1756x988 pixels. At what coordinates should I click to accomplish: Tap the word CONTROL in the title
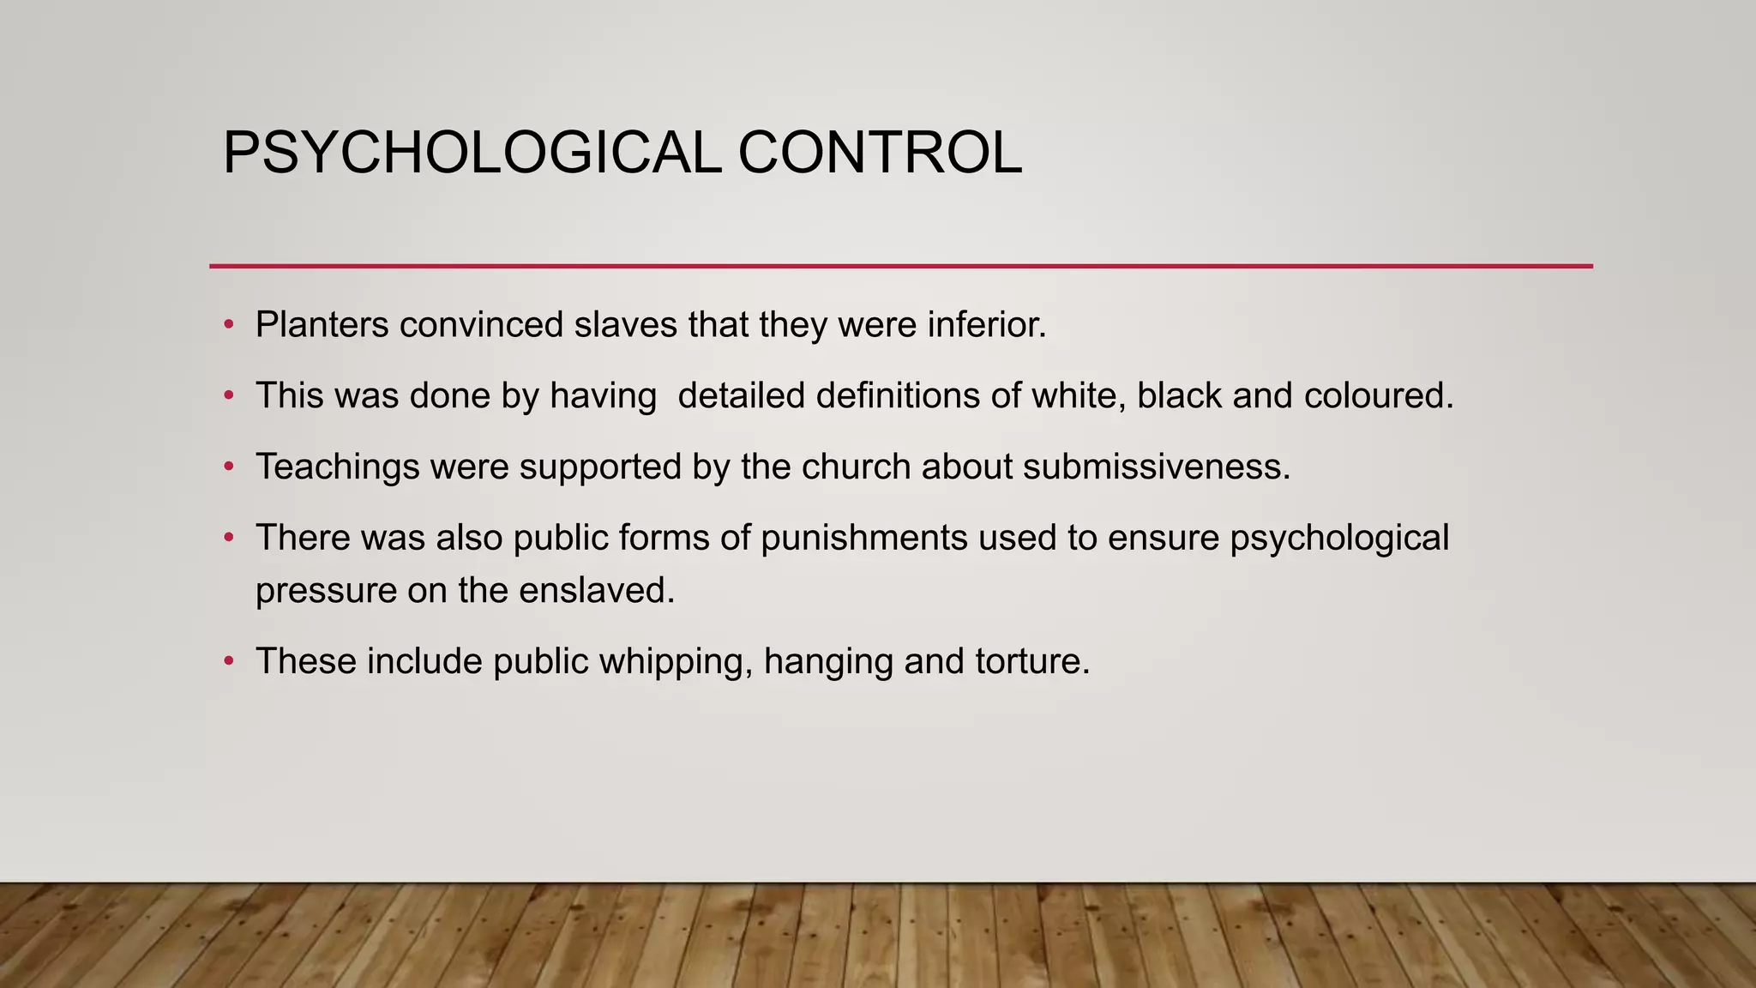[880, 153]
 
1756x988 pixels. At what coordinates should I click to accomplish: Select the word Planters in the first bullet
[322, 325]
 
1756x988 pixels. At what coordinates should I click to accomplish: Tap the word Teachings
[338, 467]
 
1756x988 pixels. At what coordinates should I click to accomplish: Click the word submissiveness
[1156, 467]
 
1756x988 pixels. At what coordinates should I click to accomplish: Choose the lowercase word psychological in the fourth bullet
[1339, 539]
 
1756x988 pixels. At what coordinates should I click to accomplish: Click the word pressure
[326, 592]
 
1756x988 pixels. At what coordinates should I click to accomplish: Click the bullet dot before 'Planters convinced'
[228, 325]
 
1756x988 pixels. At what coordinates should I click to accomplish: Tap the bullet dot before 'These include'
[228, 661]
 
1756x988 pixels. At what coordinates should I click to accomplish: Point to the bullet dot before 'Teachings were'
[228, 467]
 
